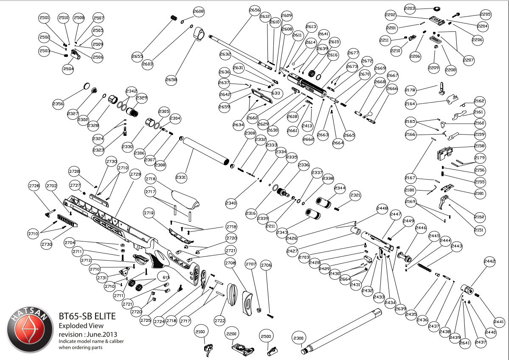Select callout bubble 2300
pyautogui.click(x=299, y=338)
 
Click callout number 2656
pyautogui.click(x=254, y=10)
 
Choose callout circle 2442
pyautogui.click(x=489, y=262)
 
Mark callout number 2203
pyautogui.click(x=410, y=8)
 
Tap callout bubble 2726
pyautogui.click(x=34, y=186)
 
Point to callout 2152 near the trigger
pyautogui.click(x=479, y=217)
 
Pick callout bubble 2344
pyautogui.click(x=340, y=187)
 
